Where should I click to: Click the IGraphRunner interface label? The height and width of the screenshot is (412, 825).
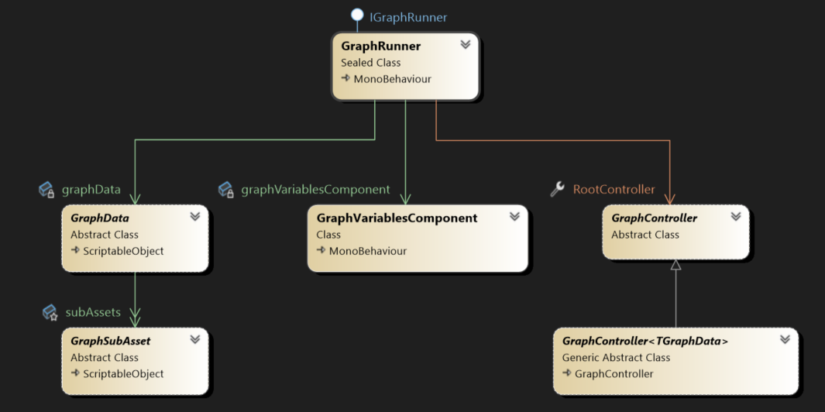[408, 17]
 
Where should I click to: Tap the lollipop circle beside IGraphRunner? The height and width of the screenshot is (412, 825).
[357, 15]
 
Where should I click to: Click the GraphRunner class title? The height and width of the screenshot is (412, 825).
[380, 46]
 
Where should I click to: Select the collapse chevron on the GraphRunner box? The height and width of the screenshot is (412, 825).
[466, 45]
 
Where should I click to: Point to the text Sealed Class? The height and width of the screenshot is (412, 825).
[370, 63]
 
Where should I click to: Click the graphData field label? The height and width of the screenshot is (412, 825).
[91, 190]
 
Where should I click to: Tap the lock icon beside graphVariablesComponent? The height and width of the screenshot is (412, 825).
[226, 190]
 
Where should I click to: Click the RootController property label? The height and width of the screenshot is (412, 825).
[614, 190]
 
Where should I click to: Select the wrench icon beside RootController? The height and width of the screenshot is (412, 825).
[557, 189]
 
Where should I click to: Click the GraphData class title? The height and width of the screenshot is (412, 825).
[100, 218]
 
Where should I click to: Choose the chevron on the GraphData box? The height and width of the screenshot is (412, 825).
[195, 217]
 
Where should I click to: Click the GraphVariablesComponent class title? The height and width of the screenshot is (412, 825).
[397, 218]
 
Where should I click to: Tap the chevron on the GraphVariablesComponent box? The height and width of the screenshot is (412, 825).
[514, 217]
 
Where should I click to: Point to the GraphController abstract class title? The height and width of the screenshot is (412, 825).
[654, 218]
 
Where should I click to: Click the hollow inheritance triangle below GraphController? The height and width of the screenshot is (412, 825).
[675, 265]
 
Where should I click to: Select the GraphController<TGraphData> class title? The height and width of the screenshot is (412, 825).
[645, 342]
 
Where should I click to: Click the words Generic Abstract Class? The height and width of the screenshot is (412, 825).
[616, 358]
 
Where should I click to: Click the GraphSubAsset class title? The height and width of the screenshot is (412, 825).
[111, 342]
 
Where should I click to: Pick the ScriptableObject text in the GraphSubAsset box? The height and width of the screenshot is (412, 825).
[123, 373]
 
